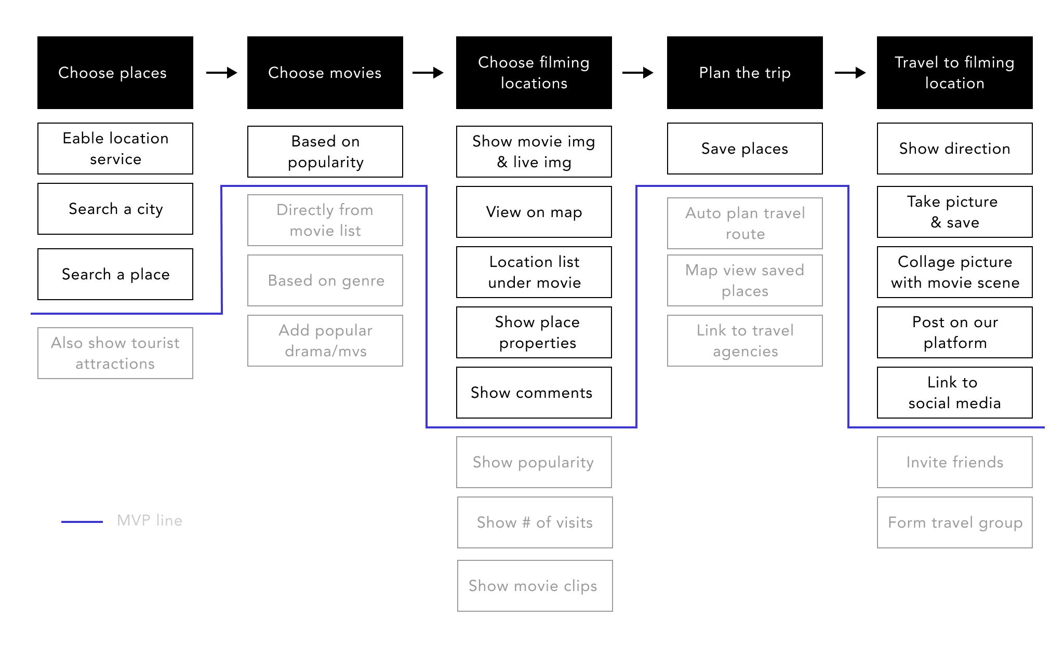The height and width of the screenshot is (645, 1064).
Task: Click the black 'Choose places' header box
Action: [115, 73]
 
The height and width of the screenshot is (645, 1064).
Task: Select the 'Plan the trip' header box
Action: [745, 73]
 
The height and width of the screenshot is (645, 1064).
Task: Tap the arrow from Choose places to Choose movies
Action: [222, 73]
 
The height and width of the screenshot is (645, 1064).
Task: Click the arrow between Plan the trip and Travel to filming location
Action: [850, 73]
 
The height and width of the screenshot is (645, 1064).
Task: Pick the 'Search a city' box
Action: [115, 209]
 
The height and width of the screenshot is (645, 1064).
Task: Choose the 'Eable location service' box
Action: [115, 149]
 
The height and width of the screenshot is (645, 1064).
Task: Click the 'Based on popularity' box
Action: [325, 152]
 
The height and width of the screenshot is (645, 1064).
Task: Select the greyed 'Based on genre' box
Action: [325, 280]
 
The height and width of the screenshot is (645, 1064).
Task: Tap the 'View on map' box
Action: [534, 212]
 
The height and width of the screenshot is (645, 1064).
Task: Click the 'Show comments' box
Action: [534, 393]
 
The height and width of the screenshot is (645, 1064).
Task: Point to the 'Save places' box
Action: [745, 149]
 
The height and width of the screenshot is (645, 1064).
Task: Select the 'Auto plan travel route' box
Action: [745, 223]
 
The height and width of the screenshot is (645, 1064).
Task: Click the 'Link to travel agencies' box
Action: [745, 341]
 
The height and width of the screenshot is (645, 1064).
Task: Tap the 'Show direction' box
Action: [955, 149]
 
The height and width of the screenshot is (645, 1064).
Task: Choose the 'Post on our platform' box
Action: [955, 332]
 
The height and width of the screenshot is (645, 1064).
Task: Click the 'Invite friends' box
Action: [955, 462]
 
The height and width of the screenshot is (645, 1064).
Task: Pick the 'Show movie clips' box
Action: [535, 586]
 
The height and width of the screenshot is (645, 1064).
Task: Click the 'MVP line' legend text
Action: [150, 520]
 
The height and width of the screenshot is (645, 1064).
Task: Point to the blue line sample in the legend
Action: [82, 521]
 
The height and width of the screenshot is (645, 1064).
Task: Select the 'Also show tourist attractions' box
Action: [115, 353]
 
